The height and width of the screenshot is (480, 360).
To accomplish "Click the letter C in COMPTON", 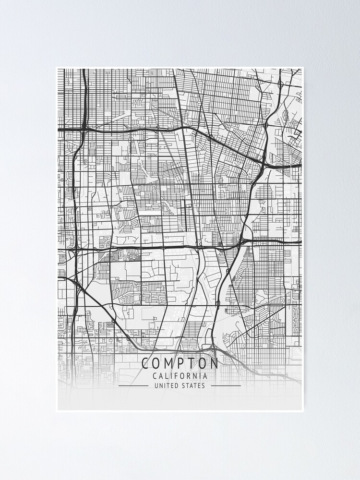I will [x=145, y=363].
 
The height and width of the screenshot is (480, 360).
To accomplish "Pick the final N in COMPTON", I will [x=215, y=363].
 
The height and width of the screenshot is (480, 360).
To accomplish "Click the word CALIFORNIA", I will [x=180, y=376].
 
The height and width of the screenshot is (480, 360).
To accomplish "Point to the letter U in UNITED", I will [x=156, y=385].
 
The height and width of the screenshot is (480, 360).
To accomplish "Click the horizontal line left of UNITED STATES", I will [x=133, y=385].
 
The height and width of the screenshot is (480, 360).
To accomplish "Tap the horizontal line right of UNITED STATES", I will [x=226, y=385].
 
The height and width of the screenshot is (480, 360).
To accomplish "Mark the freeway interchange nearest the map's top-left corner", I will [x=84, y=129].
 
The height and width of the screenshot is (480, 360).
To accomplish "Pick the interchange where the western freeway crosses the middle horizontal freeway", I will [x=75, y=249].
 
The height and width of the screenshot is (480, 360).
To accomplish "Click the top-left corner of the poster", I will [x=56, y=67].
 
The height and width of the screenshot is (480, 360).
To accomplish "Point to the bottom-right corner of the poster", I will [x=303, y=411].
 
